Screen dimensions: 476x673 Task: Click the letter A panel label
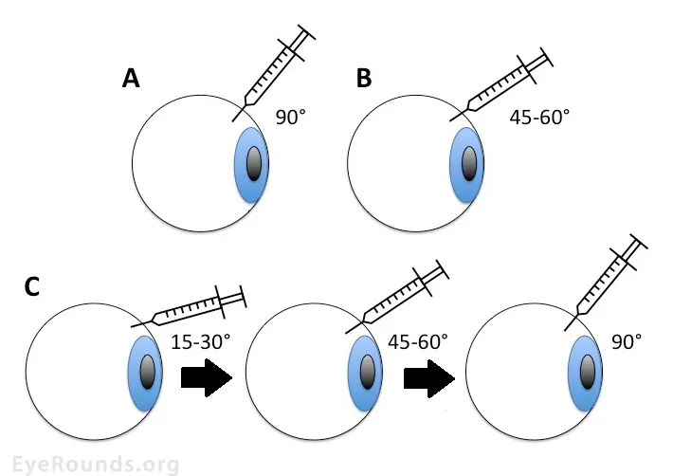click(x=132, y=80)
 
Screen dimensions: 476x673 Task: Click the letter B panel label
click(x=364, y=80)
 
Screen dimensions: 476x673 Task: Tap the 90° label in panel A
click(x=291, y=118)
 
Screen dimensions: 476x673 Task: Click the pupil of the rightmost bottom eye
click(x=587, y=371)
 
